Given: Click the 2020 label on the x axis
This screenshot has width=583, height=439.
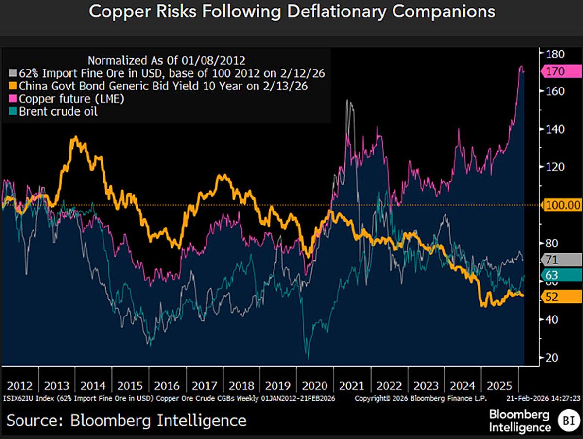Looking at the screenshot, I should pyautogui.click(x=315, y=386).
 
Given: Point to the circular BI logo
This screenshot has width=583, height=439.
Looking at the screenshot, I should pyautogui.click(x=566, y=421).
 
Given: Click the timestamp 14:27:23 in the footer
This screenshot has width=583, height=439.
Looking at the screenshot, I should pyautogui.click(x=563, y=398).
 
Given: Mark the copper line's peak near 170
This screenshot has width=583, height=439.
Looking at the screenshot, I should pyautogui.click(x=521, y=67).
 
